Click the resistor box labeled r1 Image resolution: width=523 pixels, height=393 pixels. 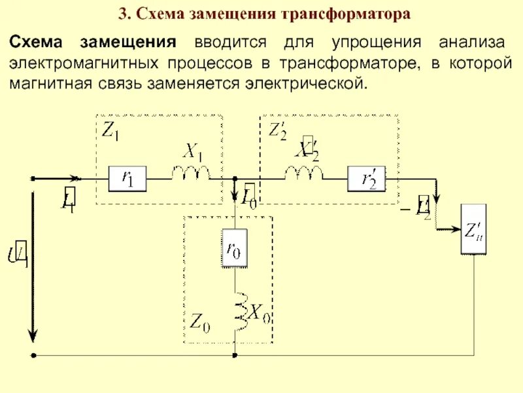point(127,178)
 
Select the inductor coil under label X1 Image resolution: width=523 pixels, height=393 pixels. point(191,173)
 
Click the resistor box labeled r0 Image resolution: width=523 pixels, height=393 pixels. point(234,248)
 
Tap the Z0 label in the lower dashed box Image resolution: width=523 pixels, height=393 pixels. point(199,322)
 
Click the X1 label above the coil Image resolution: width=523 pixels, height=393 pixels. point(192,152)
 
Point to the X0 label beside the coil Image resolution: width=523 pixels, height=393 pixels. point(259,313)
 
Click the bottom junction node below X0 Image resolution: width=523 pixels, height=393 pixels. point(234,356)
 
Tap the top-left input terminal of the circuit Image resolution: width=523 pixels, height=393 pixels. point(33,178)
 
